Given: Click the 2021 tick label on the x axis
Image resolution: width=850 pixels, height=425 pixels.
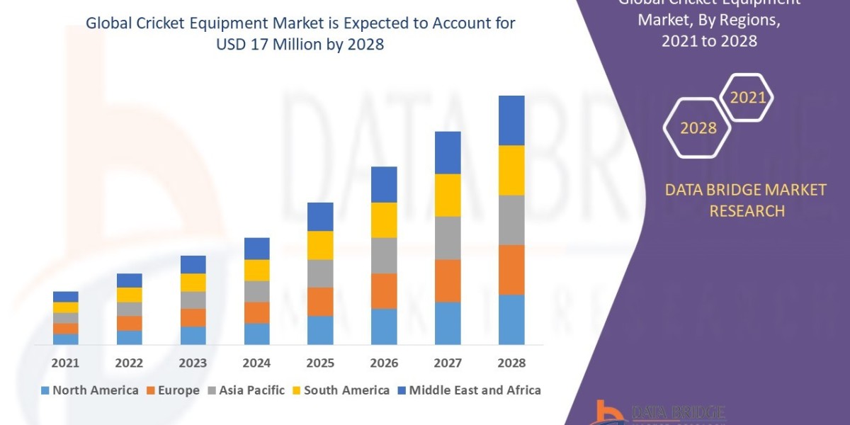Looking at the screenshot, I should [65, 363].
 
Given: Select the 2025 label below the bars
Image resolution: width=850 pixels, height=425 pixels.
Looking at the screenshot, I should [320, 363].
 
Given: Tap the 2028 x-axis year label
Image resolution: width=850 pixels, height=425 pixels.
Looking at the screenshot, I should [511, 363].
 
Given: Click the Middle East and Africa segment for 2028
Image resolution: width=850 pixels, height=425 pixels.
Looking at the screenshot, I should [511, 120].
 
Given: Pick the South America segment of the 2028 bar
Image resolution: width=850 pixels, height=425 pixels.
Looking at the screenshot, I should [511, 170].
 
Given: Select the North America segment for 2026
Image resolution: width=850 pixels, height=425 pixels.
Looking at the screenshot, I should [384, 327].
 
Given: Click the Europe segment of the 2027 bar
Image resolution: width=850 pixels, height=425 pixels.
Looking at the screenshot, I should [448, 280].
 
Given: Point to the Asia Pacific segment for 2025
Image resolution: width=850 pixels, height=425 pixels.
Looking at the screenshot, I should [320, 273].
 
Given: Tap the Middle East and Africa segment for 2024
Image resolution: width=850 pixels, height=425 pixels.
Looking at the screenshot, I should [256, 249].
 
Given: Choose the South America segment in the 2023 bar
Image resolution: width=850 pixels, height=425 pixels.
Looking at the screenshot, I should [193, 283].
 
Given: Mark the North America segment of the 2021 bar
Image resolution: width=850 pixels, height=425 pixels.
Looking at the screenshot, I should [65, 339].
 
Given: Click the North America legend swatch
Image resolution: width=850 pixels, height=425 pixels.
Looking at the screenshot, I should [46, 390].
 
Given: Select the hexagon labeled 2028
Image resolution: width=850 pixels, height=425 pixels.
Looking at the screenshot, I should [698, 128].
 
